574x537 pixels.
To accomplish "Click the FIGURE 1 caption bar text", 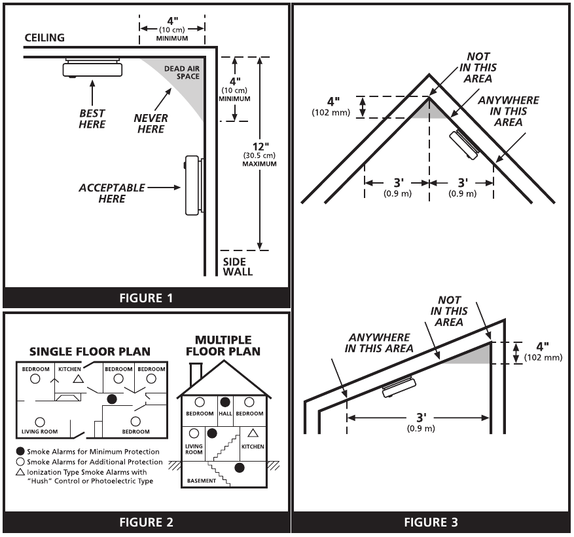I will click(146, 298).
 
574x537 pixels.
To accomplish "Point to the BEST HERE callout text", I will click(92, 119).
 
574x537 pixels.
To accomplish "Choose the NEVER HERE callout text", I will click(151, 123).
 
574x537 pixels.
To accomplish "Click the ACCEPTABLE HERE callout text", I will click(112, 193).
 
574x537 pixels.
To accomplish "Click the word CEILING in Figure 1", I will click(45, 38).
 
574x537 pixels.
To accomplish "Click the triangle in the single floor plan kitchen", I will click(78, 379).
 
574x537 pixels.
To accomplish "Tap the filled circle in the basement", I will click(240, 467).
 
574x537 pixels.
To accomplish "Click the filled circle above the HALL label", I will click(225, 401).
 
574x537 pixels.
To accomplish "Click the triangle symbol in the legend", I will click(20, 472).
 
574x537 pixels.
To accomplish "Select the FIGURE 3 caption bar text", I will click(431, 522).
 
